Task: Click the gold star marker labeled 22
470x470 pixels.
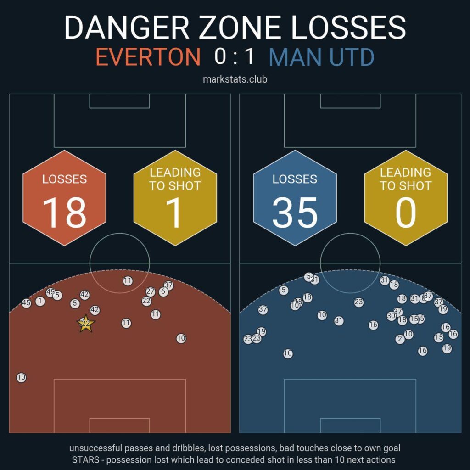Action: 86,324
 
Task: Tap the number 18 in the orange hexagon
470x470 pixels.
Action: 64,213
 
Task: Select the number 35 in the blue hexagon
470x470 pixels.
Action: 295,213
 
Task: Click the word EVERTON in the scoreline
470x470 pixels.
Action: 148,57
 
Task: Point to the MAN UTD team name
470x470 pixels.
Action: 321,57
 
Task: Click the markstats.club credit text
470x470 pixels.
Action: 235,79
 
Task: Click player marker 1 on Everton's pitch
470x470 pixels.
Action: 40,301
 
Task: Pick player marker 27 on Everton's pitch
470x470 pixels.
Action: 151,291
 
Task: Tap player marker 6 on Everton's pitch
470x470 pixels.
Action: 163,292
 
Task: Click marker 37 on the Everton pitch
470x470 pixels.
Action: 169,285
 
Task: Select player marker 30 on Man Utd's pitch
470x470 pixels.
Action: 391,316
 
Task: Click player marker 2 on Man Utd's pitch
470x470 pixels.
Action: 400,339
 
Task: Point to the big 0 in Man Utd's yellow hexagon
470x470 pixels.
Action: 405,213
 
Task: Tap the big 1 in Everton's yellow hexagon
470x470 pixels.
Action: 175,213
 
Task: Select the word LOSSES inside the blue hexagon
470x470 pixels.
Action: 295,179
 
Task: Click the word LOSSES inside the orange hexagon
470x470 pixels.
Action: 64,179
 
